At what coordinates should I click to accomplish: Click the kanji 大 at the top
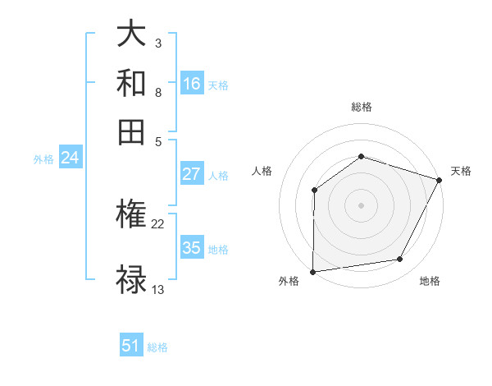point(131,34)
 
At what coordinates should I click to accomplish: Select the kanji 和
point(131,82)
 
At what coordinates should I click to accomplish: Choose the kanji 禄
point(131,279)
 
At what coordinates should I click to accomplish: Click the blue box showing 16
point(192,84)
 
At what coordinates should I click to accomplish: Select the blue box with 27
point(192,174)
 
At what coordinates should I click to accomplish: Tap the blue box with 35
point(192,248)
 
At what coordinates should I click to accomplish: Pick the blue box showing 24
point(70,159)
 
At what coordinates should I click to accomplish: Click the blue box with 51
point(131,347)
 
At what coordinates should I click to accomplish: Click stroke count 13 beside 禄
point(158,289)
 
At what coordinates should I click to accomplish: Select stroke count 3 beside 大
point(157,43)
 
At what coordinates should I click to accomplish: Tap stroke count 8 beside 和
point(157,92)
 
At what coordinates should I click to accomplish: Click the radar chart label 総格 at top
point(361,107)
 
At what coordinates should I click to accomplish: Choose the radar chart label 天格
point(461,171)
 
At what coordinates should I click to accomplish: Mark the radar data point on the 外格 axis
point(312,271)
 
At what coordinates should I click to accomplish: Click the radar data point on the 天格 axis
point(440,179)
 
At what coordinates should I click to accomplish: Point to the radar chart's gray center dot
point(361,204)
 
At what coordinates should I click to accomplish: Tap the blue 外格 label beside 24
point(43,159)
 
